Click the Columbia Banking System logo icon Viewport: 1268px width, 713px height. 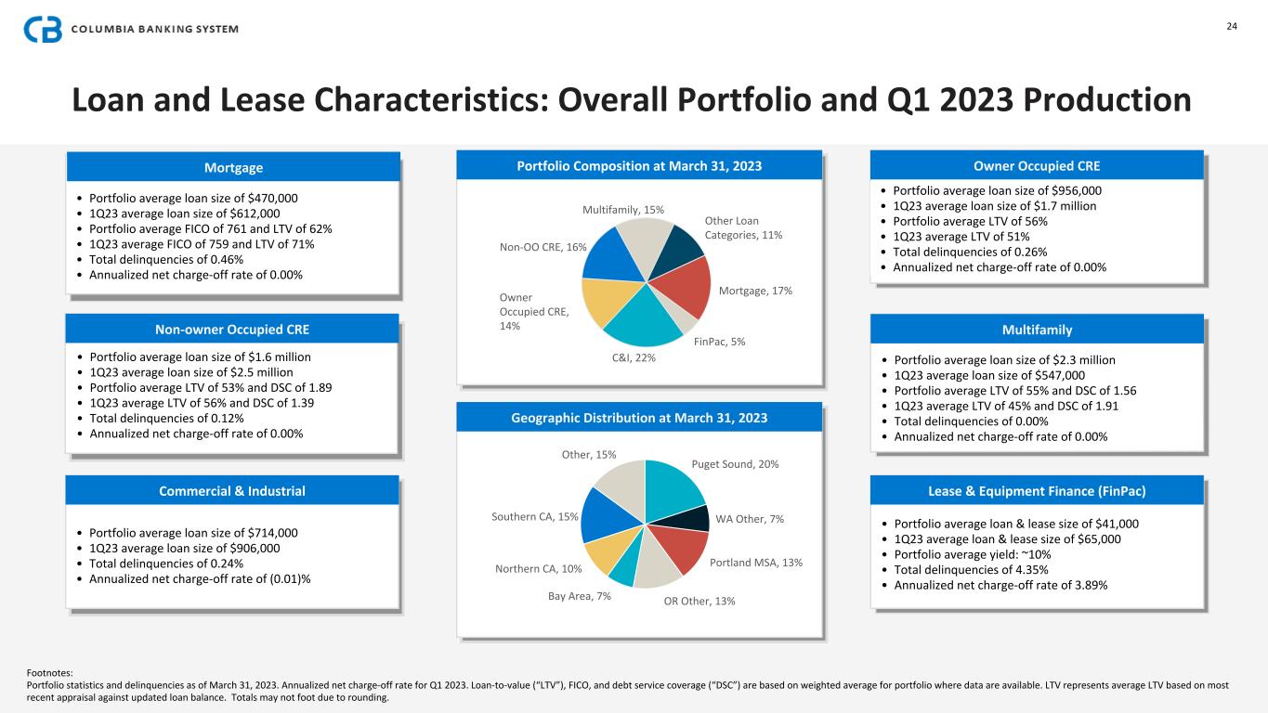tap(43, 30)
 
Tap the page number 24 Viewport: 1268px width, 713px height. tap(1232, 26)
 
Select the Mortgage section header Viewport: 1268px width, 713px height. tap(233, 168)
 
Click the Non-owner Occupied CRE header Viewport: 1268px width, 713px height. tap(233, 330)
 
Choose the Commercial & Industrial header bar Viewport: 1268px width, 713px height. tap(233, 491)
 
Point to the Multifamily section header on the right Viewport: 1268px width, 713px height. tap(1037, 330)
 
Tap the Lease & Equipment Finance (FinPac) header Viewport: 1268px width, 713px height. tap(1037, 491)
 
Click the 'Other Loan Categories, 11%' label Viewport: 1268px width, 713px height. tap(743, 227)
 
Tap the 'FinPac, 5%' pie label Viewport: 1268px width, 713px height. tap(719, 342)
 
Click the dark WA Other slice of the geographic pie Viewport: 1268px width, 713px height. tap(702, 518)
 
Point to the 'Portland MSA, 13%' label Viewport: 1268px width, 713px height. tap(756, 563)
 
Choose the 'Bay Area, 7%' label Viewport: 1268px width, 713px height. tap(580, 596)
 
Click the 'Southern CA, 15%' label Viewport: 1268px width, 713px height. tap(535, 517)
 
